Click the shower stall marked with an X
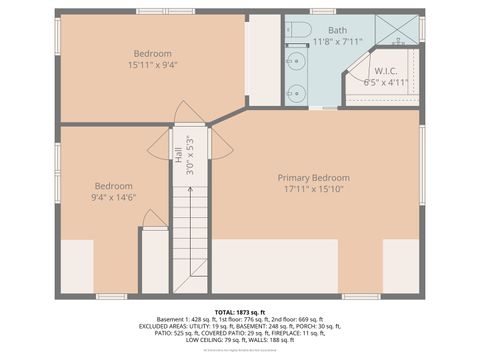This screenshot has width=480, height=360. (x=397, y=29)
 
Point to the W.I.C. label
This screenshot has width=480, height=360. (x=386, y=71)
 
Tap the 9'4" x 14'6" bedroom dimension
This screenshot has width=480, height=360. (x=114, y=198)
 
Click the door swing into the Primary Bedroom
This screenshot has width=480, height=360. (x=221, y=146)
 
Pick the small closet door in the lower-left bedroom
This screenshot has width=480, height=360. (x=153, y=218)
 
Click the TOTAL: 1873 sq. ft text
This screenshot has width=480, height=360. (x=239, y=312)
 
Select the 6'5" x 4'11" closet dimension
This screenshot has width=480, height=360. (x=386, y=83)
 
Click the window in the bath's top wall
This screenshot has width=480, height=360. (x=322, y=12)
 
